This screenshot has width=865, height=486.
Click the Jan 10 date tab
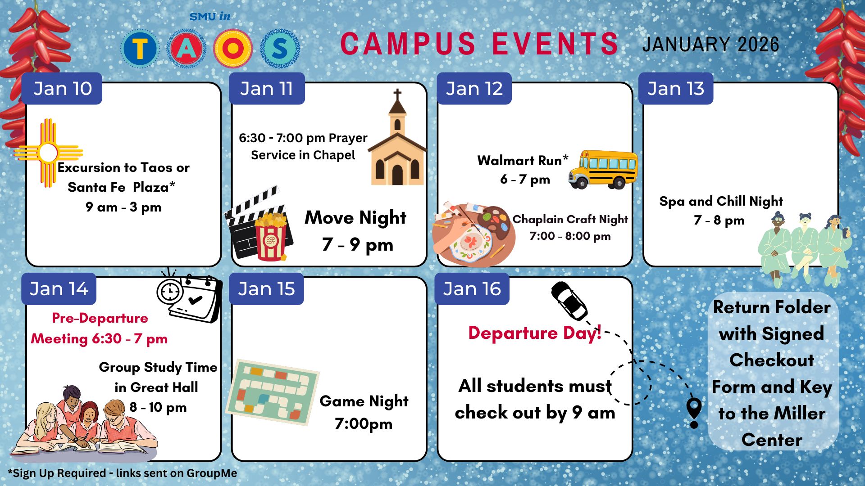[62, 89]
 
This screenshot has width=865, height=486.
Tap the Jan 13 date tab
[675, 89]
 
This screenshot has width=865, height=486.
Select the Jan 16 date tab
[472, 289]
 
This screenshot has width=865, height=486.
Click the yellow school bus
[603, 169]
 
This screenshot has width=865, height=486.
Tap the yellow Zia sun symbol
[48, 153]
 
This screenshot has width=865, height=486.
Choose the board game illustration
[272, 392]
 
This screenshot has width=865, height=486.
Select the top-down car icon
[569, 301]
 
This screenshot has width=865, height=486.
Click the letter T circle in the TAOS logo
[140, 48]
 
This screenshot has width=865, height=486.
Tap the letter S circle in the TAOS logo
[280, 48]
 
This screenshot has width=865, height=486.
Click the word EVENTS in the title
[555, 44]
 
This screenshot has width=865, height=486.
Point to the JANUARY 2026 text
[710, 45]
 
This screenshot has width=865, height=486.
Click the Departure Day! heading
[535, 333]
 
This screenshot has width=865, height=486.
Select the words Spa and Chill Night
[721, 201]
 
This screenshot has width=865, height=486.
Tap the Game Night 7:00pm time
[364, 424]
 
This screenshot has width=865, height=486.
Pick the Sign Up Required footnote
[123, 473]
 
